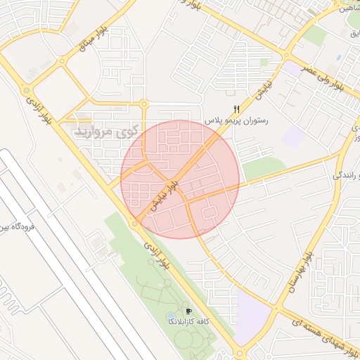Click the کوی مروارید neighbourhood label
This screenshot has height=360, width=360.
tap(105, 131)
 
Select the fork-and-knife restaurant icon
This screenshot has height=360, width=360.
tap(236, 110)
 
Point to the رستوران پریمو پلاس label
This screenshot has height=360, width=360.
tap(236, 121)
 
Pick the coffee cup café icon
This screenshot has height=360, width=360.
tap(188, 311)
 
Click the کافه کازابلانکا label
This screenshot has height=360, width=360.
tap(180, 321)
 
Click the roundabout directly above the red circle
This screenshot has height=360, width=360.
tap(145, 105)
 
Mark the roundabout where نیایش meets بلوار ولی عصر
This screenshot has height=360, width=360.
tap(285, 56)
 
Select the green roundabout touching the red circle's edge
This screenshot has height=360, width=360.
tap(134, 224)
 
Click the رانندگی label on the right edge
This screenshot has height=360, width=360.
tap(346, 176)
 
